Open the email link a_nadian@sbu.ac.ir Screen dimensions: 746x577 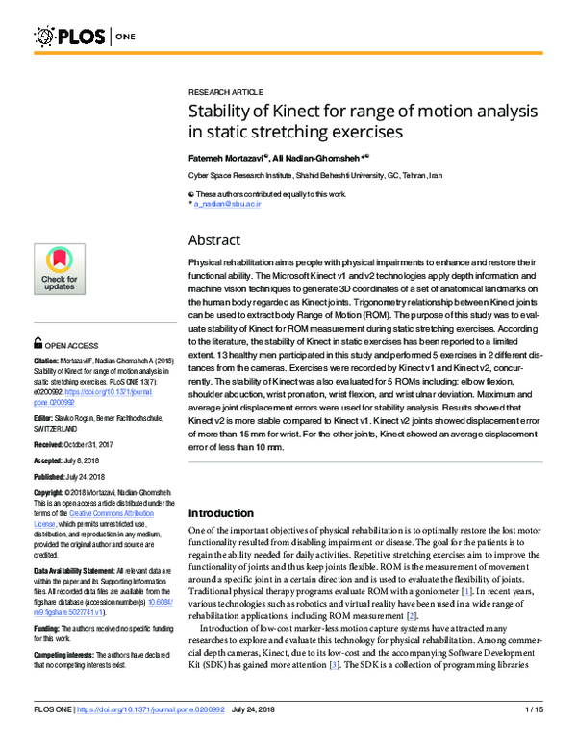click(228, 205)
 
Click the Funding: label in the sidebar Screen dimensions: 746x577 click(49, 603)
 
